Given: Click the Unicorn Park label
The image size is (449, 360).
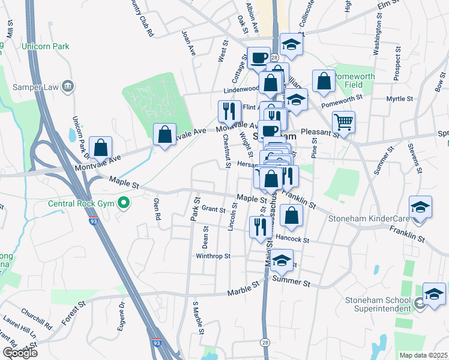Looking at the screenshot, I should [x=45, y=46].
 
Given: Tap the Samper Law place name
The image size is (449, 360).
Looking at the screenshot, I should [x=40, y=87].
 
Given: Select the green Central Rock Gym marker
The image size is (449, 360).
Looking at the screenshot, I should [x=124, y=203].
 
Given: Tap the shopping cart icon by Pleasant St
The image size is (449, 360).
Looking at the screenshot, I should [x=343, y=122].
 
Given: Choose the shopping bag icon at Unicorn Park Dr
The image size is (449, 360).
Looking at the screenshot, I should [x=101, y=146].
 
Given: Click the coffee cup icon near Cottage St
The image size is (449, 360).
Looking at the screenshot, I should [x=259, y=57].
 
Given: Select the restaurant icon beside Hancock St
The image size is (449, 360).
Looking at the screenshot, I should [x=260, y=227].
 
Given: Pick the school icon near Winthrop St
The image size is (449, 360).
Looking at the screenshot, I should [x=281, y=260].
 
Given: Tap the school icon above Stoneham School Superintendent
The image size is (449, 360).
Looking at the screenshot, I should [x=434, y=293].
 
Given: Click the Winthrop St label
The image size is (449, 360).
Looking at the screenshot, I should [x=213, y=256].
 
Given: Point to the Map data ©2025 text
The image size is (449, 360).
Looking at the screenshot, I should [x=423, y=355].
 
